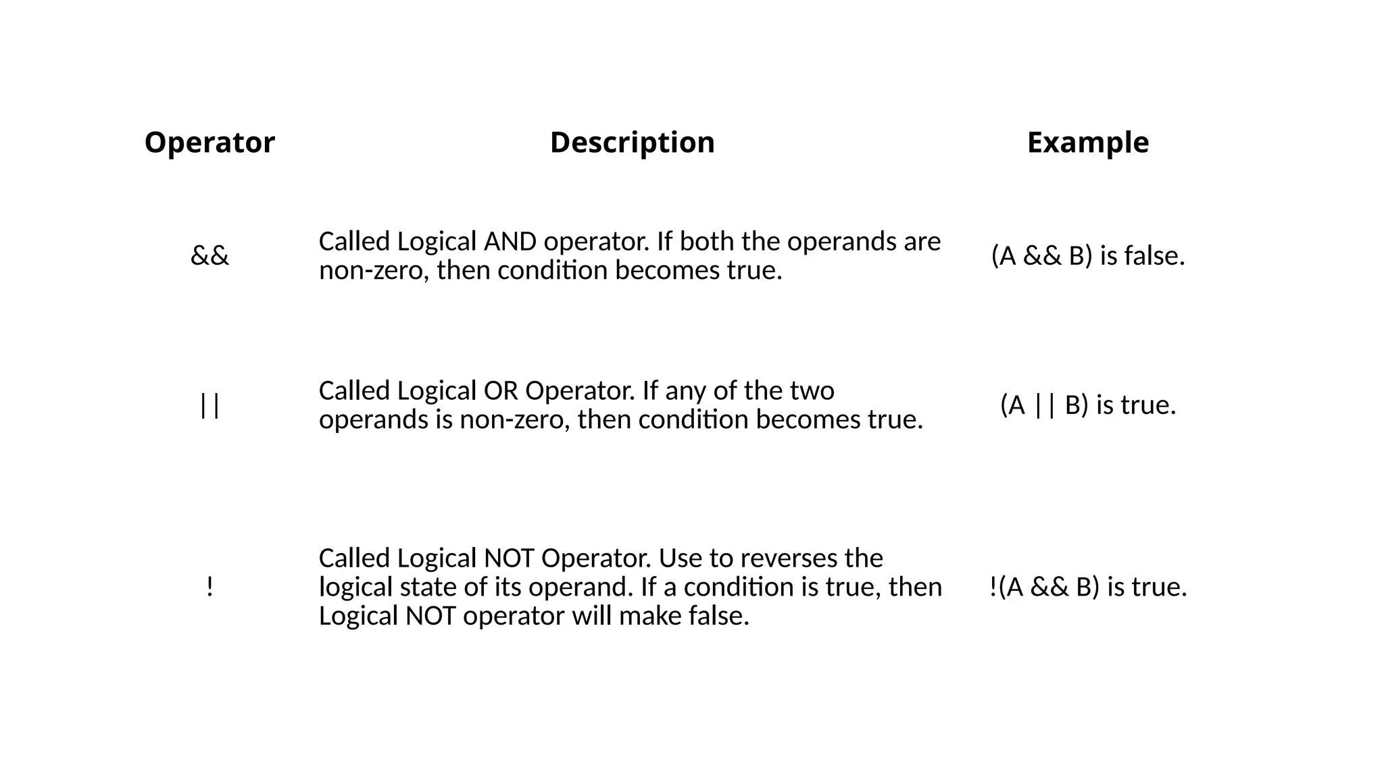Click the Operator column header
point(209,142)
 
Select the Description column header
point(632,142)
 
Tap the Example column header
point(1087,142)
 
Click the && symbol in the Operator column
point(209,256)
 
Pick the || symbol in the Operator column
point(209,405)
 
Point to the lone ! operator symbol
point(209,587)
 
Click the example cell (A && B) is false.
point(1087,256)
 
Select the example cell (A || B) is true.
point(1087,405)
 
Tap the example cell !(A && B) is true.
point(1087,587)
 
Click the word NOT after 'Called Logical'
point(510,559)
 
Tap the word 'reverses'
point(784,559)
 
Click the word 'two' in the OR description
point(814,391)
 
